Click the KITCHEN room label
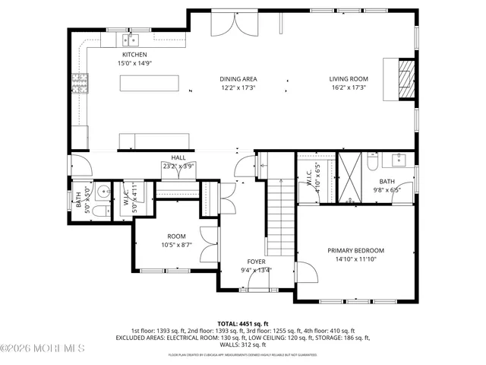click(134, 55)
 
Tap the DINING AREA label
click(238, 79)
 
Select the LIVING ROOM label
click(348, 79)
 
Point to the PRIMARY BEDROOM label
click(355, 250)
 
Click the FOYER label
click(256, 261)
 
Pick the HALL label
click(178, 157)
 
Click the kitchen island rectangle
click(158, 82)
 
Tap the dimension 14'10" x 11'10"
click(355, 259)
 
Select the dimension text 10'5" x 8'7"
click(176, 245)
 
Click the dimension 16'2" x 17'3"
click(348, 88)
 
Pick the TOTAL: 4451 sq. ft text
click(242, 323)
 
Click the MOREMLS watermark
click(43, 349)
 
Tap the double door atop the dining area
click(235, 23)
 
